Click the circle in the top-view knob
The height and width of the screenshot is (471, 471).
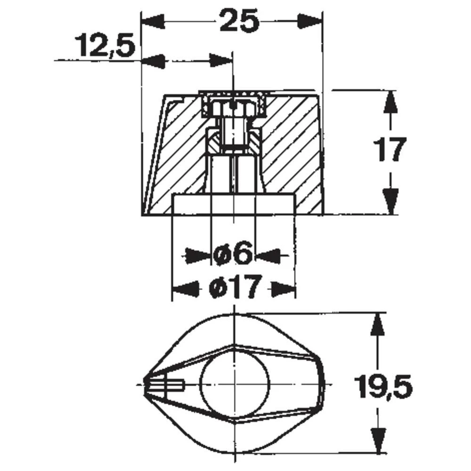tap(234, 384)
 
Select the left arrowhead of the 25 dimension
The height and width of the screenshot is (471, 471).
tap(153, 21)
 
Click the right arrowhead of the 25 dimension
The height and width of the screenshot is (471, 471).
tap(311, 21)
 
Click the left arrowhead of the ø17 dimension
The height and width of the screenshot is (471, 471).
tap(185, 287)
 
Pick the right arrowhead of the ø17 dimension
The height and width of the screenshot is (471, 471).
tap(283, 287)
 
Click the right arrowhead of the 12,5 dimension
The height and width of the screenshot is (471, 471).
tap(220, 60)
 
